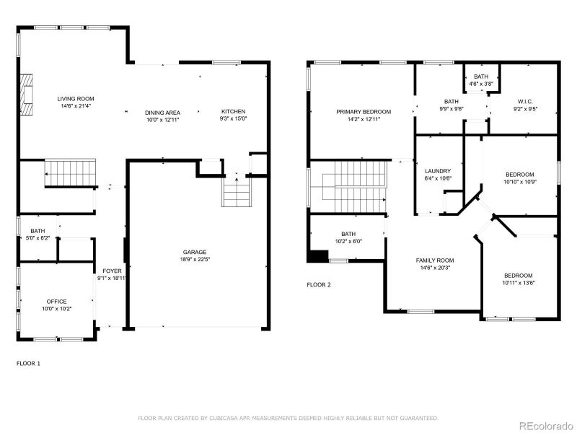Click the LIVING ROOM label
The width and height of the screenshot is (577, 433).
coord(76,98)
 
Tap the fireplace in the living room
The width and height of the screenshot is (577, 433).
coord(27,95)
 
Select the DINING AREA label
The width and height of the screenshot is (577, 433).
coord(162,112)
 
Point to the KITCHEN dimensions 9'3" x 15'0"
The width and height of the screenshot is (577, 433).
coord(234,119)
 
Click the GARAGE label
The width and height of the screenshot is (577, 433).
coord(195,252)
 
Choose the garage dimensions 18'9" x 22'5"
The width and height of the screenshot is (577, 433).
coord(195,259)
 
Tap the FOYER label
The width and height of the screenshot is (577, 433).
coord(112,271)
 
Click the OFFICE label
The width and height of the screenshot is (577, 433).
coord(56,301)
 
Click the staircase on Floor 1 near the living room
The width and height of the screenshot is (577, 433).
coord(71,172)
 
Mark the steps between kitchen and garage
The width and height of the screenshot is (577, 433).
coord(235,193)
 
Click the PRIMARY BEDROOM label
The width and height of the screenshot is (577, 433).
coord(363,111)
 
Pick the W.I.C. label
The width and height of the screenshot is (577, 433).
coord(524,102)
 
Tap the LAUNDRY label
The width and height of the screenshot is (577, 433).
coord(438,171)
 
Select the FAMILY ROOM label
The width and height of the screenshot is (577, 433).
coord(434,260)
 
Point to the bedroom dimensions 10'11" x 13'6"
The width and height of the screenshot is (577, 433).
coord(518,283)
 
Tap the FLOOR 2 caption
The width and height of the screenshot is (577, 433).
coord(319,285)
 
